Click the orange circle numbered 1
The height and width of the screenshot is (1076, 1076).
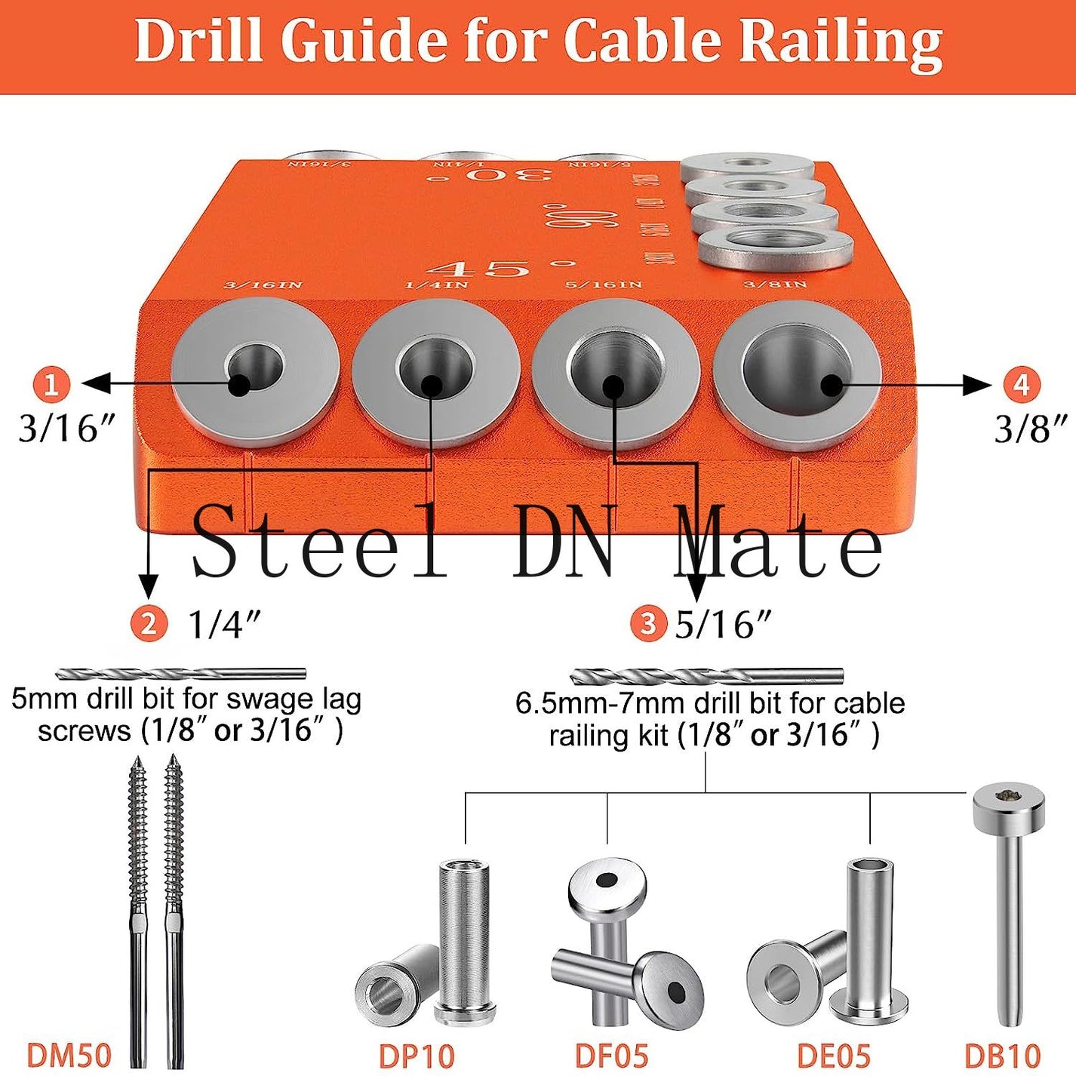tap(51, 385)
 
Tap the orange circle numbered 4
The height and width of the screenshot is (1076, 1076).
tap(1021, 385)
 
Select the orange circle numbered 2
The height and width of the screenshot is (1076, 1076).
tap(149, 624)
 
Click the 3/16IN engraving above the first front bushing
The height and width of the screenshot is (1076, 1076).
tap(263, 285)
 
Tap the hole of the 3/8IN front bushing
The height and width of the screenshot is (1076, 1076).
tap(797, 374)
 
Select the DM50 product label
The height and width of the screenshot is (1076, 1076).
tap(69, 1055)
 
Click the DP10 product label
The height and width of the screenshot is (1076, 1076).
tap(417, 1055)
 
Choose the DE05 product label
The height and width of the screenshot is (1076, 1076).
tap(834, 1055)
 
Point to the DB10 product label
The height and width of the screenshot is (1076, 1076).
tap(1003, 1055)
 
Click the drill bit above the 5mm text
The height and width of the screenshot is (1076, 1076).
tap(181, 674)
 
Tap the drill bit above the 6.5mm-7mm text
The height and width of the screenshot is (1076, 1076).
tap(706, 675)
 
